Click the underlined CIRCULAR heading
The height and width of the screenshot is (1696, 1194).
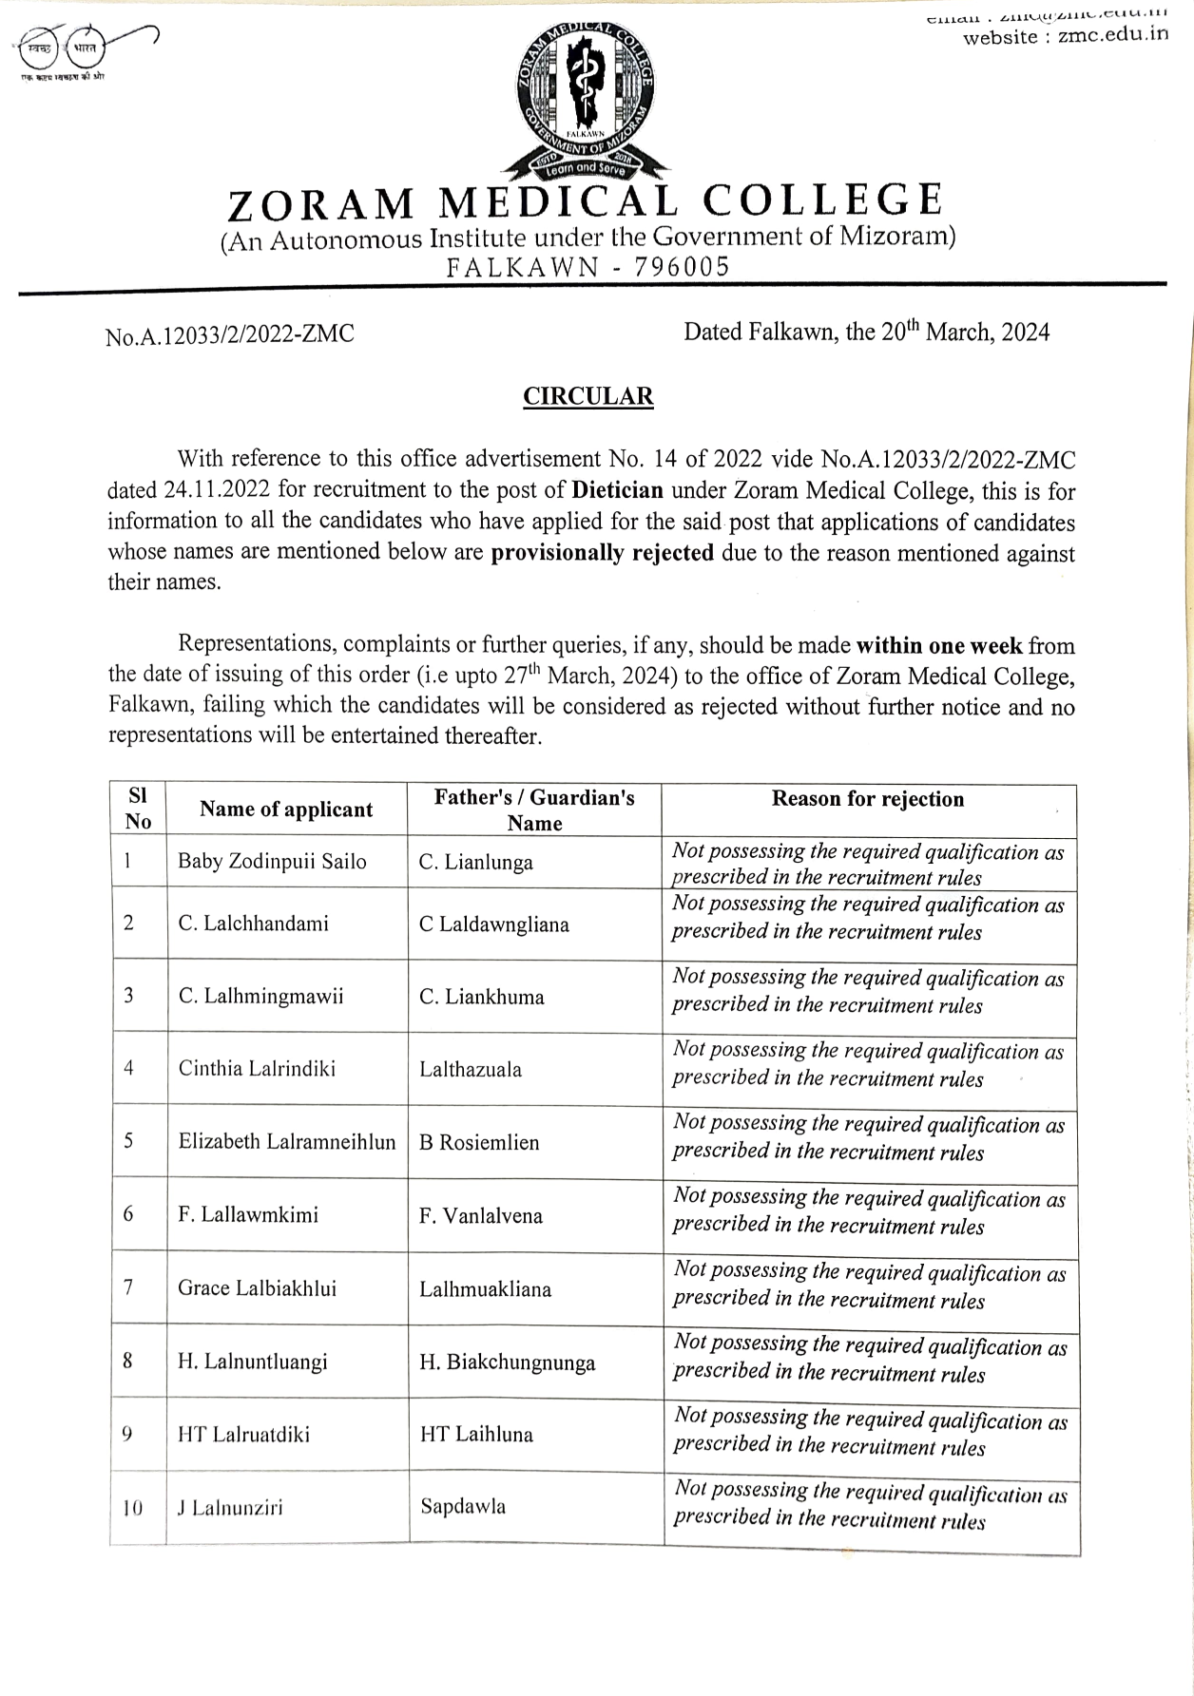click(588, 396)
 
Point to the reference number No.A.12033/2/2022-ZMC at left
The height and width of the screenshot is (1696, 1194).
click(230, 334)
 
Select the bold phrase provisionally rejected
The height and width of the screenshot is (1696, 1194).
click(602, 553)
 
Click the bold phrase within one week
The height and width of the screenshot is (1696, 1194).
click(939, 646)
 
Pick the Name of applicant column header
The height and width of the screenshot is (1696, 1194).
click(286, 810)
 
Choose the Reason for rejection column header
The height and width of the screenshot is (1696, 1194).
click(867, 799)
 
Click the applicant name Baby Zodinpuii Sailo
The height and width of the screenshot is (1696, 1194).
click(272, 862)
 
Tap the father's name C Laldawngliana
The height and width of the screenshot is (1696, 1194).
click(493, 924)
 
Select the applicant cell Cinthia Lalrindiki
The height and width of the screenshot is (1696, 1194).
click(257, 1068)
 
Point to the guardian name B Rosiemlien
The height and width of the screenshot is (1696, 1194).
click(479, 1142)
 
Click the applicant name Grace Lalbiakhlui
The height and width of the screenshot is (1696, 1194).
click(257, 1288)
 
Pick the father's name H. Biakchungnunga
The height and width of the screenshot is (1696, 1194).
click(508, 1363)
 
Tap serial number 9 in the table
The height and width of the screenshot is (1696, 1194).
click(127, 1435)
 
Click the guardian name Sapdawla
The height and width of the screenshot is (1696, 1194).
click(463, 1506)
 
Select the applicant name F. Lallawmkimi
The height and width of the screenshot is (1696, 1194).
click(248, 1214)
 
